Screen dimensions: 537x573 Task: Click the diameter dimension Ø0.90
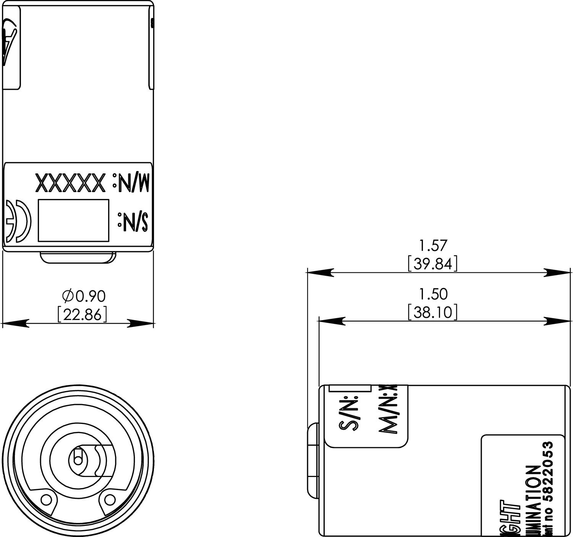tap(84, 296)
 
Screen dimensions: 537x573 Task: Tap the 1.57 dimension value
tap(433, 245)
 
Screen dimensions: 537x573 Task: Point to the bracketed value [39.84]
tap(433, 264)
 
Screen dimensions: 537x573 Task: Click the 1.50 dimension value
tap(433, 294)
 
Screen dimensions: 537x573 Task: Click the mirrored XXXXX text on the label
tap(70, 183)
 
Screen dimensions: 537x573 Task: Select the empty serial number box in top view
tap(73, 220)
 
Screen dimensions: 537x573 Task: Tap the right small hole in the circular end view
tap(110, 499)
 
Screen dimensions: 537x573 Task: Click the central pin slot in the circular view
tap(78, 458)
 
